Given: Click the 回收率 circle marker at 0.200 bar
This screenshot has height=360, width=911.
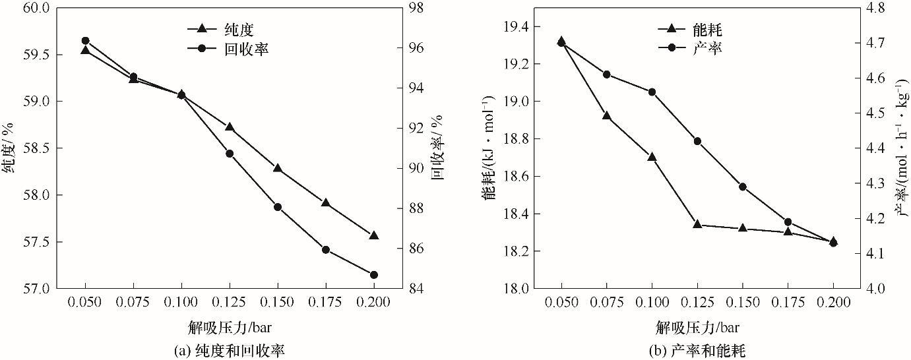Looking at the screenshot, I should pos(374,274).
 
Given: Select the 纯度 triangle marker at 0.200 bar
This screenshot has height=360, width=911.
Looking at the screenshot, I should pos(374,235).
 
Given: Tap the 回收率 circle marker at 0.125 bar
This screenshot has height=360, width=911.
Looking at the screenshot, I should pos(230,154).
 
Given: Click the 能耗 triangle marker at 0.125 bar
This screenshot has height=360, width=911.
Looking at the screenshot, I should pos(697,224).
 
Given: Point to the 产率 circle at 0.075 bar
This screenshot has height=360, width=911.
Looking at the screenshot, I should pos(607,74).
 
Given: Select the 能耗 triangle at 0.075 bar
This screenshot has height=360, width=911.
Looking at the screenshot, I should pos(607,116).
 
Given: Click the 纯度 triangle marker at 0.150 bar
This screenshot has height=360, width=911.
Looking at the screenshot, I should pos(278,168).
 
